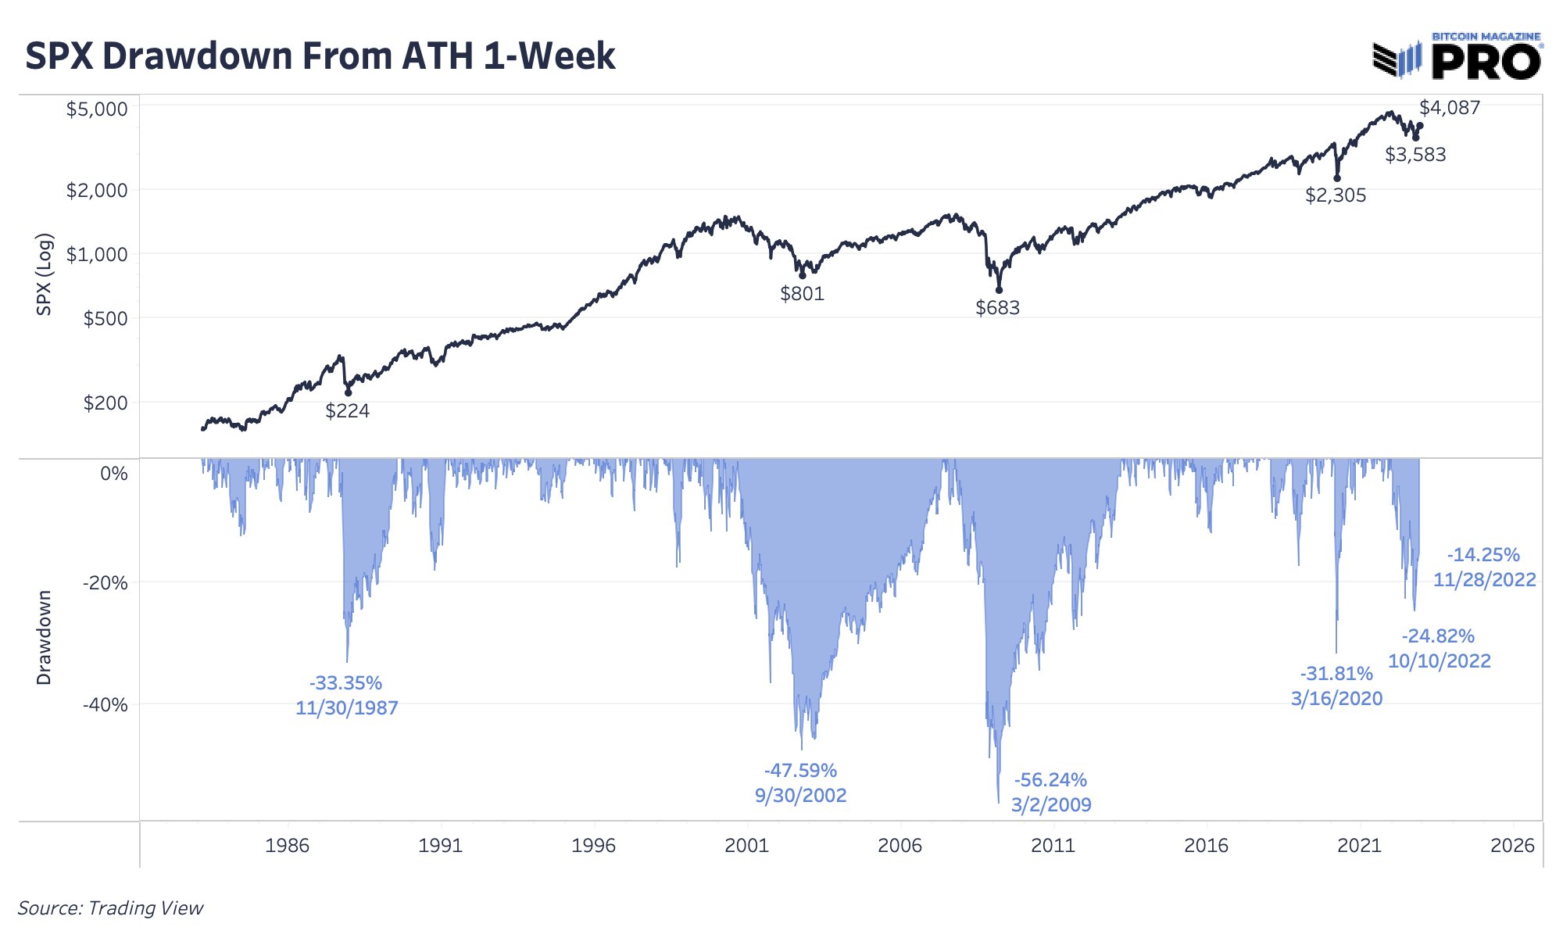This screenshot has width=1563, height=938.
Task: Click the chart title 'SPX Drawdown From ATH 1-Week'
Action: pos(320,56)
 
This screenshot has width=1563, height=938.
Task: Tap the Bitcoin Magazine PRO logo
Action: pos(1457,57)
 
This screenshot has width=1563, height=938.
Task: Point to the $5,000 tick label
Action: pos(97,109)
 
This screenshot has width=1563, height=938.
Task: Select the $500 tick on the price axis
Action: pos(106,319)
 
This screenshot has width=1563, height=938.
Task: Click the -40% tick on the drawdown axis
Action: pos(106,705)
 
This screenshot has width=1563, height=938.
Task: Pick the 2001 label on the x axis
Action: pos(746,845)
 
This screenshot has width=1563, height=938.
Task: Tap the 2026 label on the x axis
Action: pos(1512,845)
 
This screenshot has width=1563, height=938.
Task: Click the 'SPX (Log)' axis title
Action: pos(45,274)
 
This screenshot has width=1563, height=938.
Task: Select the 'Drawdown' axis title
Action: pos(45,638)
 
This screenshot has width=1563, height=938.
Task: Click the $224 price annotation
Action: pos(347,411)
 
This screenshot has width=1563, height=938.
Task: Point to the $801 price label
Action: pos(802,294)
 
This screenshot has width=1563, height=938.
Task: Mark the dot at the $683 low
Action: pos(999,290)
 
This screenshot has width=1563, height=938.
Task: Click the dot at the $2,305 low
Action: pos(1337,178)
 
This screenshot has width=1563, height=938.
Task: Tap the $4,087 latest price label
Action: pos(1450,108)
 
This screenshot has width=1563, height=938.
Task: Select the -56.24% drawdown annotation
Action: pos(1050,780)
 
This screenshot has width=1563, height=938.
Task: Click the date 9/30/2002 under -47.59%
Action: pos(800,796)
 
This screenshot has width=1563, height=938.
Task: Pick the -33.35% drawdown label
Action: pos(345,683)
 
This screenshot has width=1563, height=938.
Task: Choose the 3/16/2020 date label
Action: pos(1336,699)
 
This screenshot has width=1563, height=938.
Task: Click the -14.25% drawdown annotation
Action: pos(1483,555)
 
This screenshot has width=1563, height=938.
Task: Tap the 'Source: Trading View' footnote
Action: pos(110,908)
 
